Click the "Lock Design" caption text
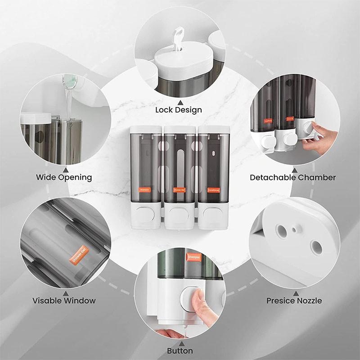(179, 110)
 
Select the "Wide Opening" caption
(64, 177)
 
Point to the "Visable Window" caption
(64, 300)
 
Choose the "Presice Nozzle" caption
(294, 300)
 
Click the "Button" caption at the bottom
(180, 351)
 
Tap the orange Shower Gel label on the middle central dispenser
(180, 190)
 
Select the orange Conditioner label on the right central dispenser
(213, 190)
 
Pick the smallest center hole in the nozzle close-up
(294, 230)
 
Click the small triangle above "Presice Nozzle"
(294, 291)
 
